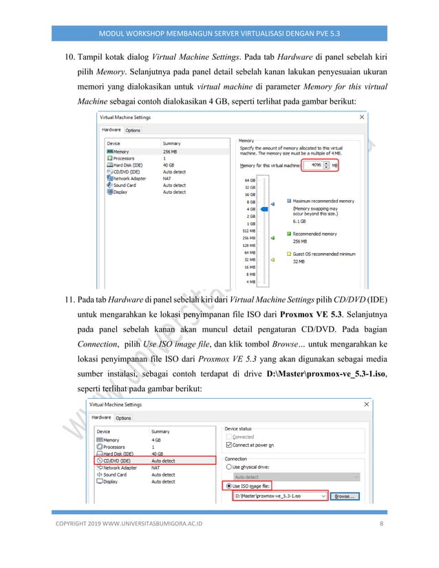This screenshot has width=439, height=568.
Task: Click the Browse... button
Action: tap(345, 494)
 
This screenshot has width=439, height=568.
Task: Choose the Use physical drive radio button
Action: tap(229, 466)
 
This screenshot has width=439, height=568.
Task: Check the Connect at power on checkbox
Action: tap(229, 444)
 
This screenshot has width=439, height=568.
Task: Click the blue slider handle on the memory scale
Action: tap(272, 204)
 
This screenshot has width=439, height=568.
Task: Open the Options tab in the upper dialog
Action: tap(133, 129)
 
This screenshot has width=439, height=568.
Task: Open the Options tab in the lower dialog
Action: tap(123, 417)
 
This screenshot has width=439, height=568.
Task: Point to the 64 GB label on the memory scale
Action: tap(250, 180)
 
